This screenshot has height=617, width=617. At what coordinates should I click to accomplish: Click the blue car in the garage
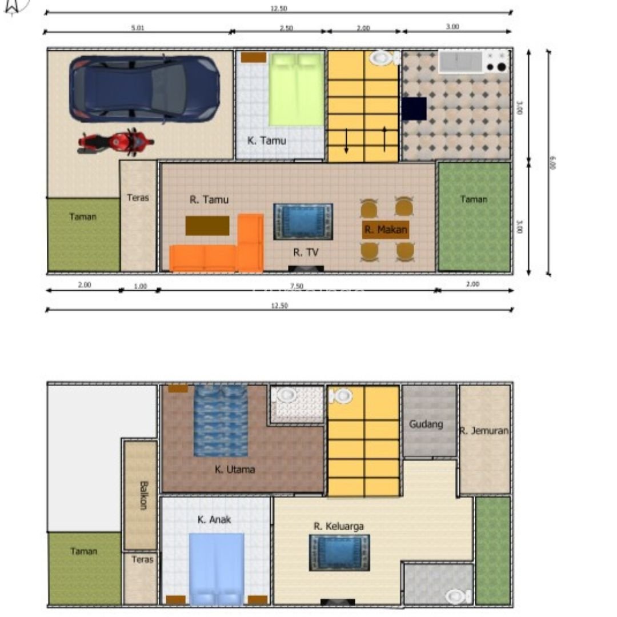[145, 89]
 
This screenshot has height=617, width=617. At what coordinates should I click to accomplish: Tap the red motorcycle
[116, 142]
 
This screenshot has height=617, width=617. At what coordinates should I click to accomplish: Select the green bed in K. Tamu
[296, 89]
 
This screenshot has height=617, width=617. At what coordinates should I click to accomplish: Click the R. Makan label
[386, 230]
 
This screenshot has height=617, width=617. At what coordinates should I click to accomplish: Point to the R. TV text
[306, 252]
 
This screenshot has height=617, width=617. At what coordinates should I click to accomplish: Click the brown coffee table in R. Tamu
[207, 226]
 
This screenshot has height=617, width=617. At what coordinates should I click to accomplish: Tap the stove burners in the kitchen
[496, 61]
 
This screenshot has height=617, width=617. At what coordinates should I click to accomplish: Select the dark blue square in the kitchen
[414, 109]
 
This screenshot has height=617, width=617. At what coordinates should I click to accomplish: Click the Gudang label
[426, 424]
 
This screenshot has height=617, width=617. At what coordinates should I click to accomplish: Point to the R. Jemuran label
[484, 431]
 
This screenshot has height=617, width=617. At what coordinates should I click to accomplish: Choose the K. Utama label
[235, 470]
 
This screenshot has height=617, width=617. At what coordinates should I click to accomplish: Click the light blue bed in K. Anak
[217, 568]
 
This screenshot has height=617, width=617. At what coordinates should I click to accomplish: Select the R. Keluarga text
[338, 526]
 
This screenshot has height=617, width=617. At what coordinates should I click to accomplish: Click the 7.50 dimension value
[297, 286]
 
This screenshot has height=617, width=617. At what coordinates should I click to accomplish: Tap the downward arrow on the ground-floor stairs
[346, 141]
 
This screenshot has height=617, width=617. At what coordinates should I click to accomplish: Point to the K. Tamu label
[267, 140]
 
